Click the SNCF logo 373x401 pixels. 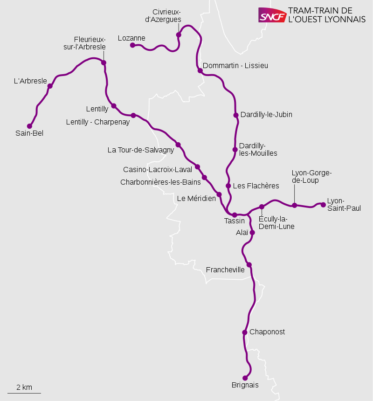[x=272, y=15]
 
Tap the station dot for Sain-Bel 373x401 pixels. [x=29, y=126]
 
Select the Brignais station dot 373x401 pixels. [x=245, y=378]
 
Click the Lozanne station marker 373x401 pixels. [x=132, y=45]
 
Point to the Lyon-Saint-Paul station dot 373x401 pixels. [x=323, y=204]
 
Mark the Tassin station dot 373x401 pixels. [x=235, y=215]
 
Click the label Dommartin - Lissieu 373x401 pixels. [x=235, y=66]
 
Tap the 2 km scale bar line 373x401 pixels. [x=24, y=393]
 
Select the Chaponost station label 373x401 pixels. [x=267, y=332]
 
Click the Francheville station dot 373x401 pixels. [x=249, y=265]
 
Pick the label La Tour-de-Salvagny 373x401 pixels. [x=140, y=150]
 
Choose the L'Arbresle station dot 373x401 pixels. [x=50, y=86]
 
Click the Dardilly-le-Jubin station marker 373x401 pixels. [x=236, y=115]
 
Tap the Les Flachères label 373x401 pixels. [x=256, y=186]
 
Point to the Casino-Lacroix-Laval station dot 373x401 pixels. [x=197, y=166]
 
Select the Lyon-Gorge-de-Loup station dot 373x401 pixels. [x=295, y=205]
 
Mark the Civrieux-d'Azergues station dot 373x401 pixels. [x=179, y=35]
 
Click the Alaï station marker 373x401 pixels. [x=252, y=232]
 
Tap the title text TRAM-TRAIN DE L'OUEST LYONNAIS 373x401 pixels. [x=327, y=15]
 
